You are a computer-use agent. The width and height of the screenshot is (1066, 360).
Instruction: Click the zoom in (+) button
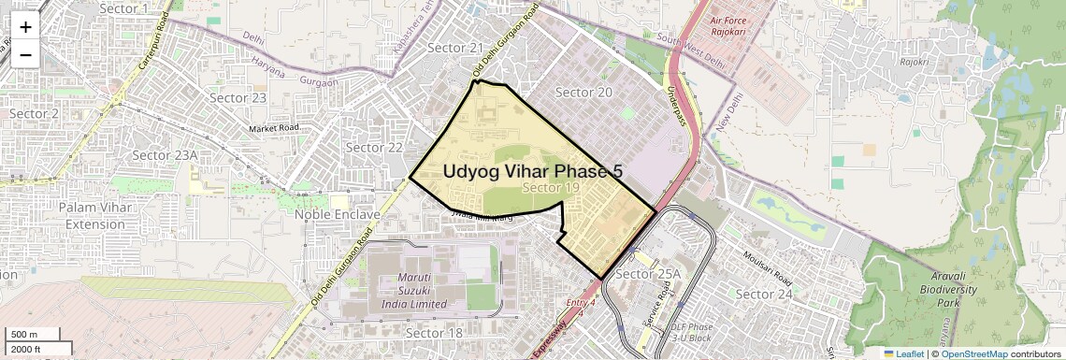pos(25,28)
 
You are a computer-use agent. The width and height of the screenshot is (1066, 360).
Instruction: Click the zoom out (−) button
pos(25,53)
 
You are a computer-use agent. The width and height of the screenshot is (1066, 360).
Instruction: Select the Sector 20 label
pos(583,92)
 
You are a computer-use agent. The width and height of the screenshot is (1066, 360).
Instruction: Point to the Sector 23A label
pos(165,155)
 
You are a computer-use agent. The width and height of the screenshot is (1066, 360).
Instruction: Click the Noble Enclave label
pos(338,214)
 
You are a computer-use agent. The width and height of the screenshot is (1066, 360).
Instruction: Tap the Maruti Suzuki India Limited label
pos(414,291)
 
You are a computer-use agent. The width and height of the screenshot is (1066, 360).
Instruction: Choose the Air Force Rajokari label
pos(739,25)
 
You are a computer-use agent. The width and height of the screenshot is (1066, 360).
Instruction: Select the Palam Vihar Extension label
pos(95,215)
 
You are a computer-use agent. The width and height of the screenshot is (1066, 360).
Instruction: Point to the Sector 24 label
pos(764,295)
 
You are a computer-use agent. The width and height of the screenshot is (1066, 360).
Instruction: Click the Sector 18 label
pos(435,333)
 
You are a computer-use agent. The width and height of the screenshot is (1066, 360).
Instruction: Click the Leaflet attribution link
pos(903,353)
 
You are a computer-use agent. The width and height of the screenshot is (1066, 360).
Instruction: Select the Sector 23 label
pos(238,97)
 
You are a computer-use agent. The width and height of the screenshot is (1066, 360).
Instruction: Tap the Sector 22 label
pos(374,148)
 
